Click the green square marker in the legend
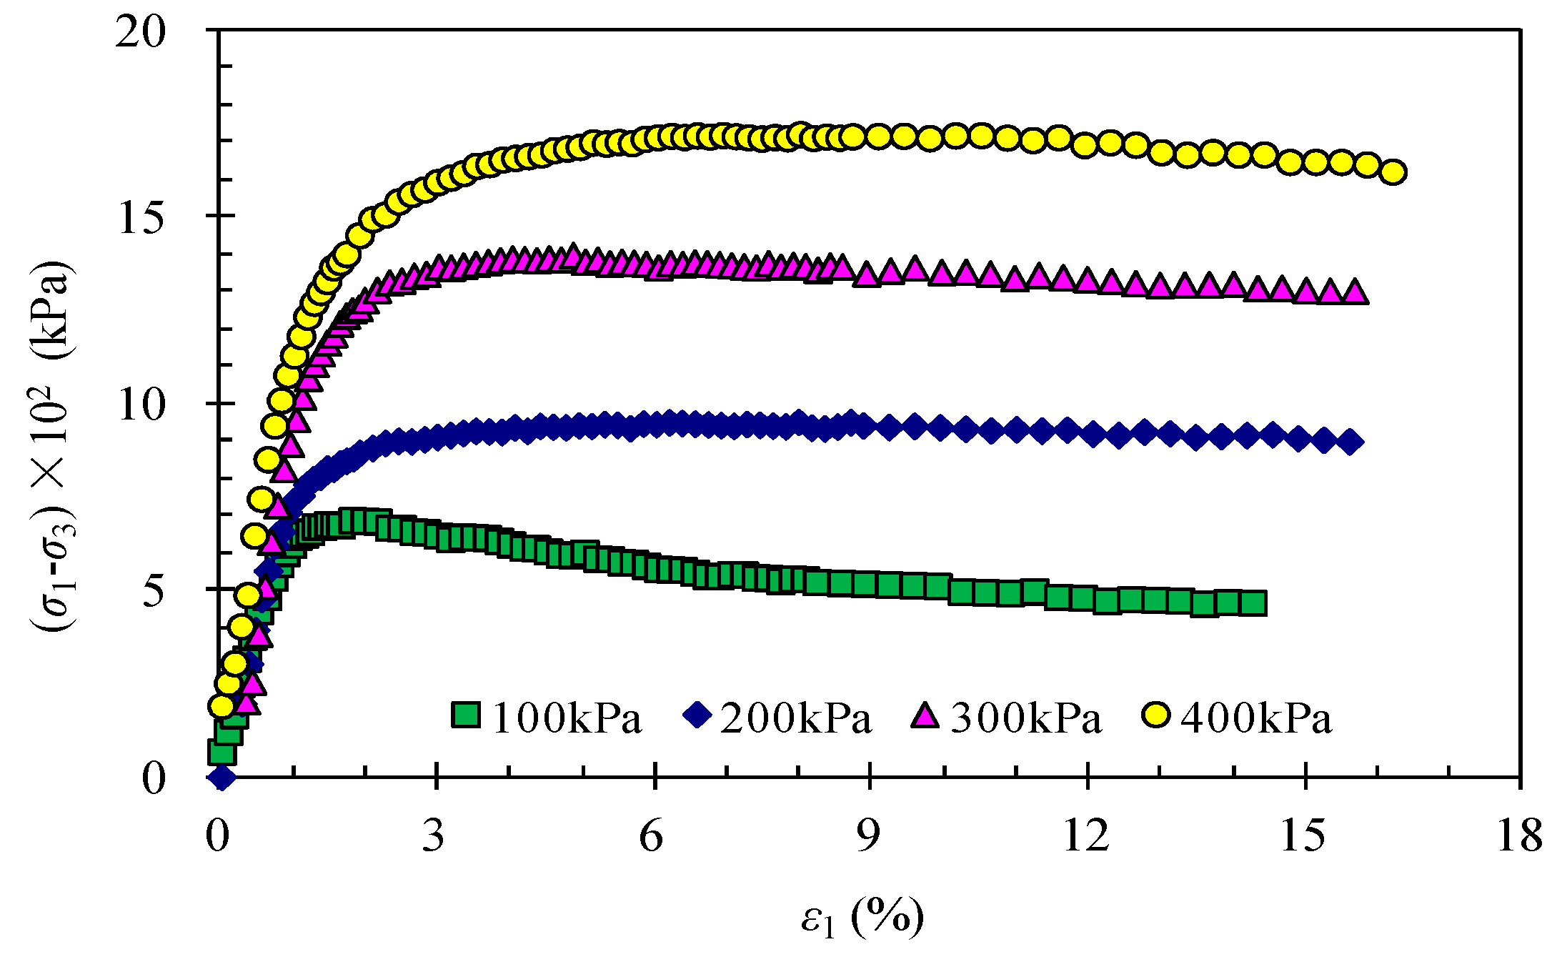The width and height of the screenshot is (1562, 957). pos(466,715)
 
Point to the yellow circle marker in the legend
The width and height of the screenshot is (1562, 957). pos(1155,715)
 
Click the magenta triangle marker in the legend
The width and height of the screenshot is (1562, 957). pos(925,715)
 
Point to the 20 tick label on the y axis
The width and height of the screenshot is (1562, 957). pos(140,33)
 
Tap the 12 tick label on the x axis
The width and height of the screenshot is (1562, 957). pos(1086,835)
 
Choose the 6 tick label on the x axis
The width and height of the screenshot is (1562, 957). pos(651,835)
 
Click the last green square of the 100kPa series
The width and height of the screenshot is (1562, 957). pos(1253,603)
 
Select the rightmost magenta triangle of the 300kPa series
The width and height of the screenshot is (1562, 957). pos(1355,292)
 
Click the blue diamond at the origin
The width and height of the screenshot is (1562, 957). pos(222,777)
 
